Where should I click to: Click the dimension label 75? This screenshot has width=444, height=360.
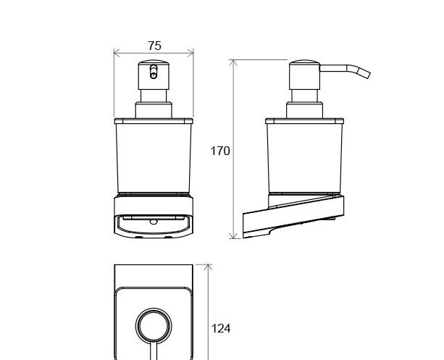[154, 46]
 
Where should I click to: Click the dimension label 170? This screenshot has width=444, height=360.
[220, 151]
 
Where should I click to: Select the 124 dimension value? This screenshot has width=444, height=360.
[221, 329]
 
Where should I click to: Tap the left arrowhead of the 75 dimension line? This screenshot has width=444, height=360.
[117, 53]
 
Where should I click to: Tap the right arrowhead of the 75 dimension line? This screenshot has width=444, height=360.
[190, 53]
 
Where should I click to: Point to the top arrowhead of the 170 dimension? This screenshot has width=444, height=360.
[233, 64]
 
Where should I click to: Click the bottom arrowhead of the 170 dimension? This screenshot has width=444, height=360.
[233, 235]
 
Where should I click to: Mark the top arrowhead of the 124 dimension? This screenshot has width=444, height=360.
[208, 268]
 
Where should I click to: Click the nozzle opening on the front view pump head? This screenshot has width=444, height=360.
[154, 72]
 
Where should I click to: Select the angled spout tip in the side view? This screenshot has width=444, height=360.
[364, 72]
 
